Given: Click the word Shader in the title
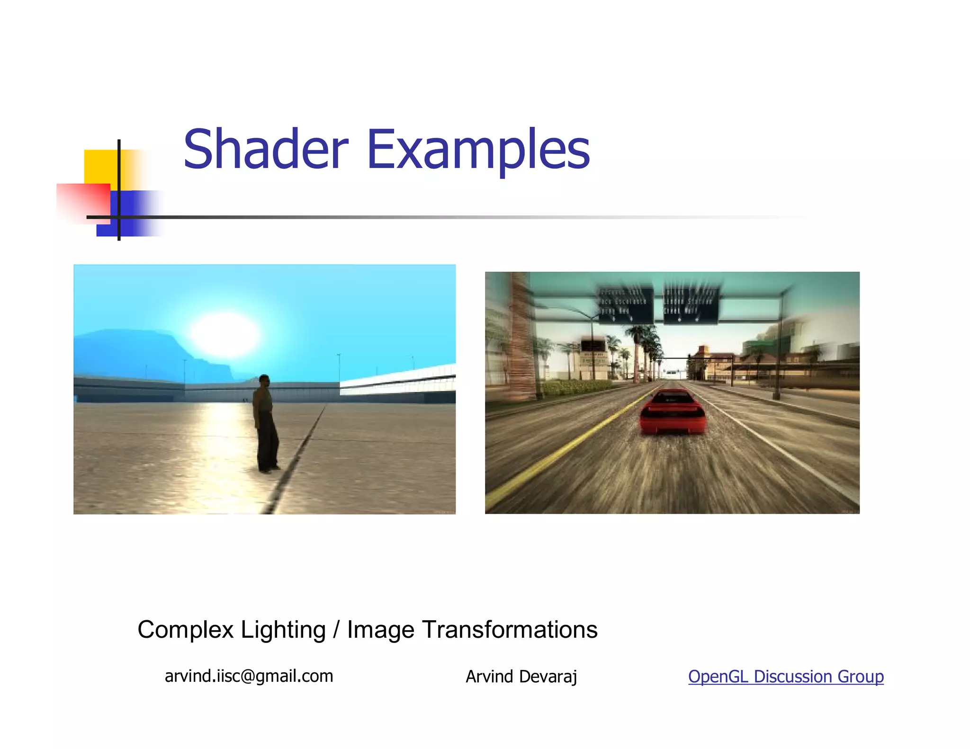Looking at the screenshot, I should click(x=266, y=150).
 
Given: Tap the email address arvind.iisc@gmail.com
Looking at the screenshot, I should click(x=249, y=676).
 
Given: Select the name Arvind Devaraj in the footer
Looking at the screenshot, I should click(x=521, y=677).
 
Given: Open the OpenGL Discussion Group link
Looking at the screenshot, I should click(x=785, y=677).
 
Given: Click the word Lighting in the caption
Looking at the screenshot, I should click(x=283, y=630).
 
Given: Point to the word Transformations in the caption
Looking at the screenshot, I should click(x=510, y=630).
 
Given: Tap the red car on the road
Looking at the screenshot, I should click(x=672, y=411).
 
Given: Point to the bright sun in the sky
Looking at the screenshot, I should click(x=225, y=334).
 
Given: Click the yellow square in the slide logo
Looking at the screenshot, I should click(x=100, y=166).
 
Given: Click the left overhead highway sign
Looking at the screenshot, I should click(x=625, y=305).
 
